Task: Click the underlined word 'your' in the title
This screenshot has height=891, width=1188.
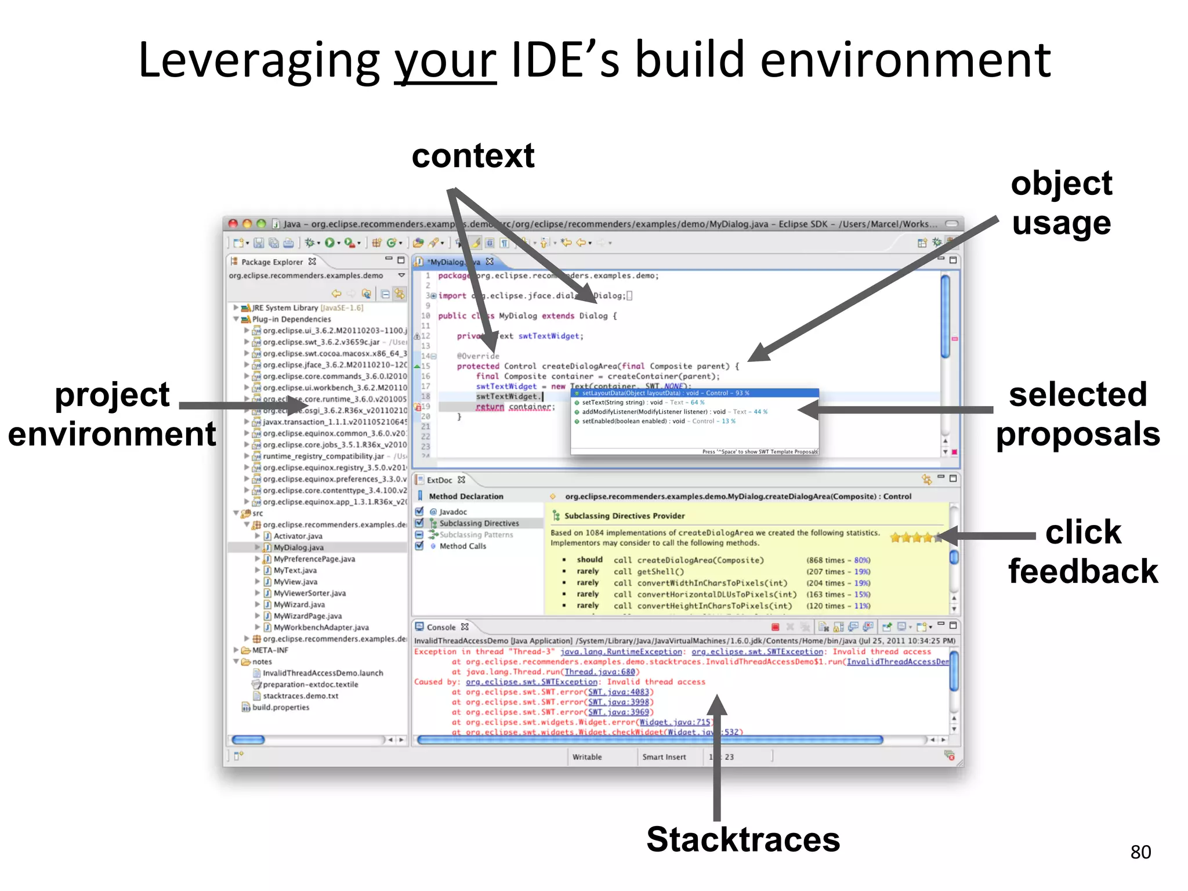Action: (445, 61)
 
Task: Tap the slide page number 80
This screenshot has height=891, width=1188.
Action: (1140, 852)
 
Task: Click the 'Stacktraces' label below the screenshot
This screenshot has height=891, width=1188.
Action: (743, 839)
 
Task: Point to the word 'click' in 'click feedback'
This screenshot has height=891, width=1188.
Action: (1083, 532)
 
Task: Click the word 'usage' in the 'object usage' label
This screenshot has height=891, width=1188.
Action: (1061, 223)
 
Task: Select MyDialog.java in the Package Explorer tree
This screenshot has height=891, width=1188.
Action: (298, 547)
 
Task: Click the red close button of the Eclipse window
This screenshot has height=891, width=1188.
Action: (233, 224)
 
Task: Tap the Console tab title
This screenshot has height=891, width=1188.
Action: (441, 627)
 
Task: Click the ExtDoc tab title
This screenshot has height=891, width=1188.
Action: (439, 480)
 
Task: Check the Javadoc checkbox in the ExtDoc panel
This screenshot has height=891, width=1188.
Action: (419, 511)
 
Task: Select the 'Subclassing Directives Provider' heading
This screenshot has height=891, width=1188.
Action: (624, 516)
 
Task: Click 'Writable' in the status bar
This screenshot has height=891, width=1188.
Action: (587, 756)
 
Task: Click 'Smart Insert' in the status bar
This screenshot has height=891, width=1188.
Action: (664, 756)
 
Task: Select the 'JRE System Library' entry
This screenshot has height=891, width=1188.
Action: (285, 307)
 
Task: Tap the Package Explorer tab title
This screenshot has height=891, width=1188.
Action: (271, 262)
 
